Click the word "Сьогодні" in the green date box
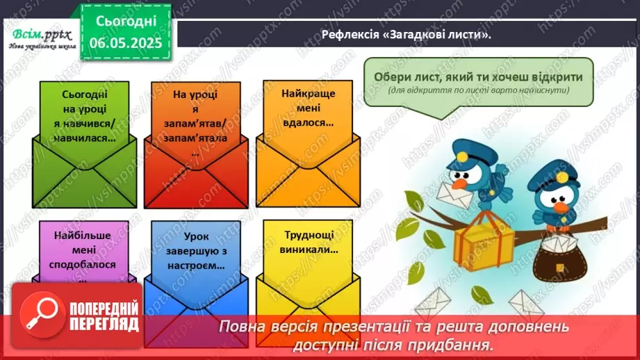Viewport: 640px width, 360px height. pos(125,21)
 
